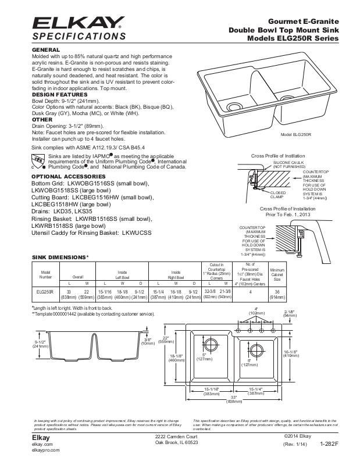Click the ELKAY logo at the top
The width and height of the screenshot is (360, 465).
point(76,23)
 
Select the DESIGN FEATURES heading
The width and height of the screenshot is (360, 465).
point(59,94)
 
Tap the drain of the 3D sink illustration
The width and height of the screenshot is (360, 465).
point(235,107)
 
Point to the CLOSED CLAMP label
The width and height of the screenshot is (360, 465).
point(278,195)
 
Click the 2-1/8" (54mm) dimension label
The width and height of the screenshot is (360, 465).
point(290,314)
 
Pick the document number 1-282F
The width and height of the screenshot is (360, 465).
point(329,443)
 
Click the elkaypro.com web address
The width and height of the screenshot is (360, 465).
point(44,450)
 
